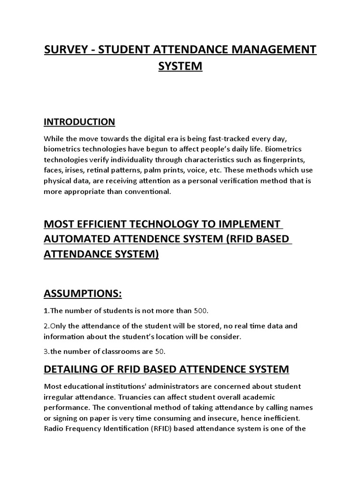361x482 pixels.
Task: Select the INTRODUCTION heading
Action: click(79, 122)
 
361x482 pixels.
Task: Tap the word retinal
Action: click(103, 170)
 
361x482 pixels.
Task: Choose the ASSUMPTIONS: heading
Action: click(82, 294)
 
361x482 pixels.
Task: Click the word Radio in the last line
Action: click(54, 428)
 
